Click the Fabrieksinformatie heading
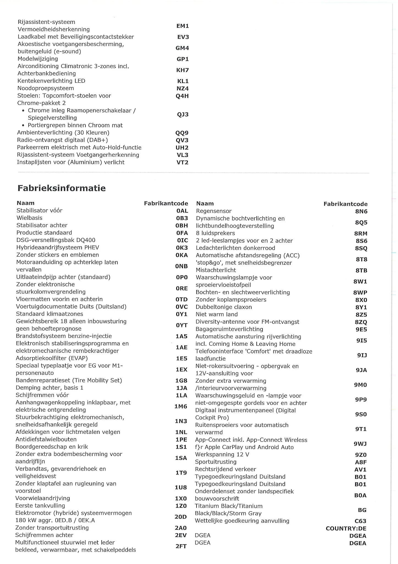(x=62, y=188)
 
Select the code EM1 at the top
(x=183, y=26)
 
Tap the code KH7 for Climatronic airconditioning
(x=183, y=70)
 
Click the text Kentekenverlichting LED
(x=51, y=81)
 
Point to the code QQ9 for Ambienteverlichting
(x=182, y=133)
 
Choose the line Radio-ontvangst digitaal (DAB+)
(x=62, y=140)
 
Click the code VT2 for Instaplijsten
(x=182, y=162)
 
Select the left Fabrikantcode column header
(x=166, y=204)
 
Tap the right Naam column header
(x=205, y=204)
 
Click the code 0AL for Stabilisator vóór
(x=182, y=211)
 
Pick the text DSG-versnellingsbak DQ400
(x=56, y=240)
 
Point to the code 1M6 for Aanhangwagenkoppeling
(x=181, y=406)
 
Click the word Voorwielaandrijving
(x=43, y=498)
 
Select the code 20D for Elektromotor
(x=181, y=517)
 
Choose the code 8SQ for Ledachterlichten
(x=361, y=248)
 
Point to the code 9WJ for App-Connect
(x=360, y=444)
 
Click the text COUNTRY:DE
(x=346, y=528)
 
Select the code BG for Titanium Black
(x=362, y=510)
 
